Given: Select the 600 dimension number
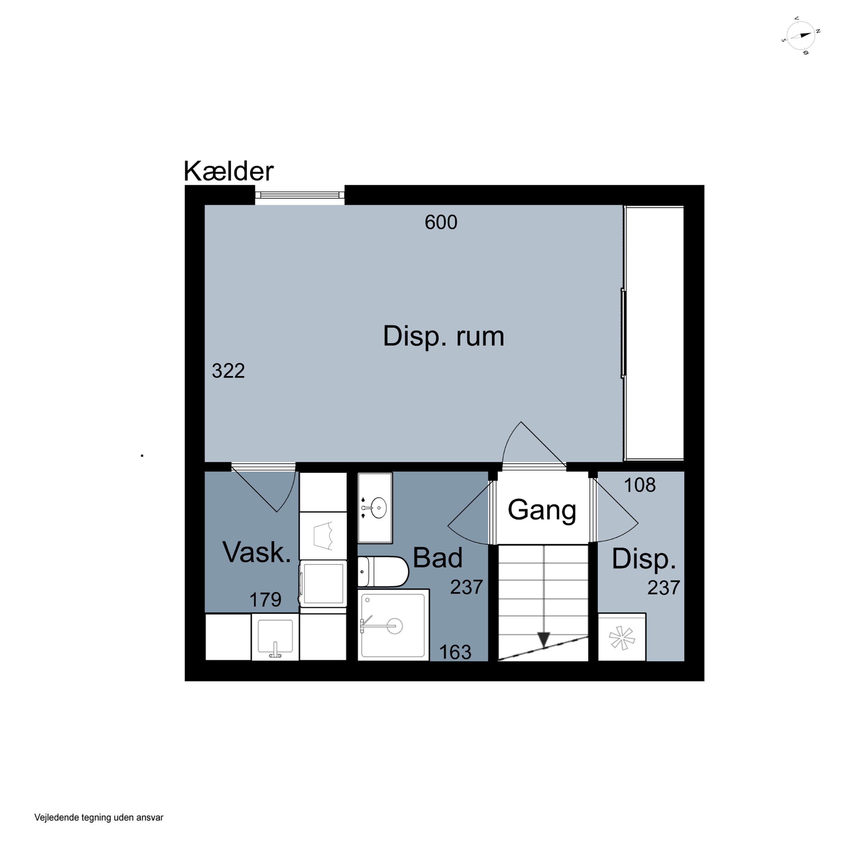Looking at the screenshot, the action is point(441,222).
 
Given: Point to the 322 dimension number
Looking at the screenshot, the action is point(228,371).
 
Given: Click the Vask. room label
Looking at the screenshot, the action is point(257,552).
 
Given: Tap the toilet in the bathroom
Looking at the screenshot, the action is point(383,572).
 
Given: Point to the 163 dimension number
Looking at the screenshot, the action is point(455,653).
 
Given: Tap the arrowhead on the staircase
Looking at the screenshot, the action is point(544,640).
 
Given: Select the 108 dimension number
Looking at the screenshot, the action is point(639,485).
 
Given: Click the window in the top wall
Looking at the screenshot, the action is point(300,195).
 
